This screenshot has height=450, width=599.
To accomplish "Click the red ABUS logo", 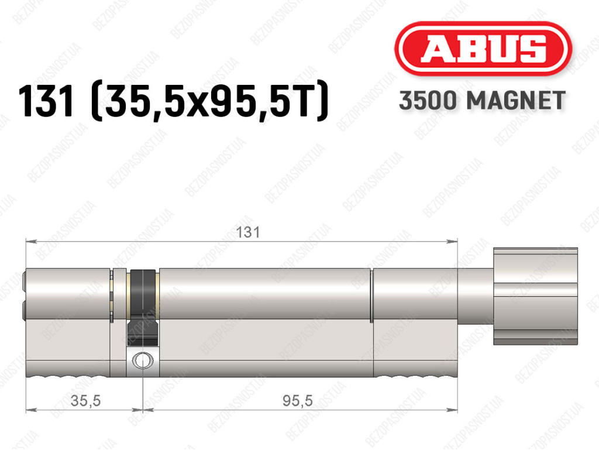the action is pos(483,49).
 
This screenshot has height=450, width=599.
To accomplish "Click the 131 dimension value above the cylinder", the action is pos(248,232).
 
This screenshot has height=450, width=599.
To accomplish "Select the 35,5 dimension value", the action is pos(85,400).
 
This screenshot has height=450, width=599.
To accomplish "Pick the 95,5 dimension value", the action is pos(298,400).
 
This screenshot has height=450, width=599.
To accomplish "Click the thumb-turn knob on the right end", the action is pos(535,296).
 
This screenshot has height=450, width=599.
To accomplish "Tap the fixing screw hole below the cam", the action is pos(143,360).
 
